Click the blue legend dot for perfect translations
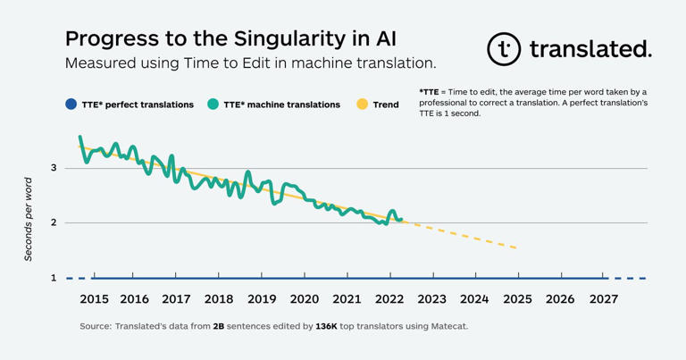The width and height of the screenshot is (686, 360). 71,105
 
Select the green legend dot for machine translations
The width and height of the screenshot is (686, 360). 213,105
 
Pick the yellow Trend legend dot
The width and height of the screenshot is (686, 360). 362,105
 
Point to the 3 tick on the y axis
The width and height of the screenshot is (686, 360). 54,168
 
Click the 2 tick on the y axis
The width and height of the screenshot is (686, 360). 54,222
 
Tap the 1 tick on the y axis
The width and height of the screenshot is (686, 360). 54,278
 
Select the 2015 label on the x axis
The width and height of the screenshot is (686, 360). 94,299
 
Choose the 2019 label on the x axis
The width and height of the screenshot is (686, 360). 262,299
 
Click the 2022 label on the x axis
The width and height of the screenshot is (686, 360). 389,299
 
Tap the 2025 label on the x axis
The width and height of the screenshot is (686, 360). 517,299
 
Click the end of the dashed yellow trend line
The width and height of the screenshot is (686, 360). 516,247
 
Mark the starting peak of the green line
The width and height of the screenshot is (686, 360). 80,138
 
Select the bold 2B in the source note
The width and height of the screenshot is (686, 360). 219,327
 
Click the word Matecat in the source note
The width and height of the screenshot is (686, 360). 447,327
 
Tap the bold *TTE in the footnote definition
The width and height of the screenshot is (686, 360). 429,92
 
